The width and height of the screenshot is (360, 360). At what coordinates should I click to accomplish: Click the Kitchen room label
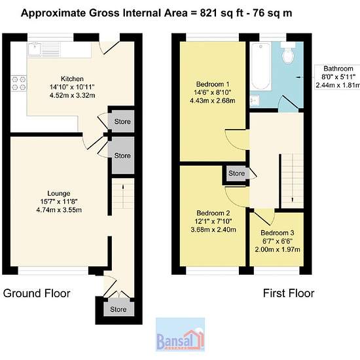[x=72, y=79]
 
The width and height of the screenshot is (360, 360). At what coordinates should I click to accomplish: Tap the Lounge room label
[x=59, y=193]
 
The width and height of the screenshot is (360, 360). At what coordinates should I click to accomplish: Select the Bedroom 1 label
[x=213, y=84]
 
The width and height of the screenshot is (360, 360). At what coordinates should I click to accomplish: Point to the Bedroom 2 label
[x=213, y=213]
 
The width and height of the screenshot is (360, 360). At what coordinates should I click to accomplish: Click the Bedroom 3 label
[x=278, y=233]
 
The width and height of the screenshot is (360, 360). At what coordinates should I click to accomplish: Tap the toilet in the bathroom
[x=288, y=52]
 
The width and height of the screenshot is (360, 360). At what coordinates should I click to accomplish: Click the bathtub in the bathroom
[x=261, y=66]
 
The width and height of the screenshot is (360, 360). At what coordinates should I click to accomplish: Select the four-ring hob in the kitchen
[x=19, y=83]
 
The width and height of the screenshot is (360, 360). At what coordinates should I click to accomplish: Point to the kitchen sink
[x=35, y=49]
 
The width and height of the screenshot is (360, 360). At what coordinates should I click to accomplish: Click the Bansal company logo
[x=180, y=334]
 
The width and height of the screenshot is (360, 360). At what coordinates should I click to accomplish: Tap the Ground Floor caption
[x=37, y=293]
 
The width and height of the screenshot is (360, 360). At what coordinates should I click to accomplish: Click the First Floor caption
[x=289, y=293]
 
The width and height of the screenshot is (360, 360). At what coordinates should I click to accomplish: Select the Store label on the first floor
[x=236, y=173]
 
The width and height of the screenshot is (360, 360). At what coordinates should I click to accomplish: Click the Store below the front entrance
[x=118, y=309]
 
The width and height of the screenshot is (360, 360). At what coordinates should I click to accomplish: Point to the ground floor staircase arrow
[x=123, y=196]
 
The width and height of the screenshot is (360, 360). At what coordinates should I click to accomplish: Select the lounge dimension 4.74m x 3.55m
[x=59, y=210]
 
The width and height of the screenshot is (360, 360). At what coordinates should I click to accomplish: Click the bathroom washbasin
[x=255, y=100]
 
